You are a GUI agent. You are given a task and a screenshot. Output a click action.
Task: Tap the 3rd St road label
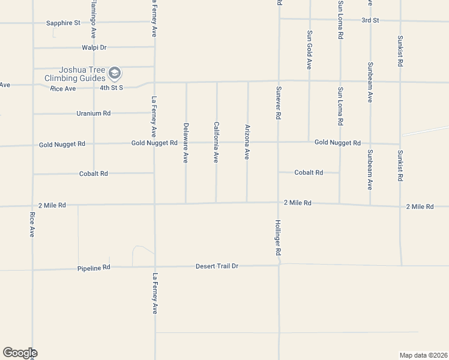click(x=370, y=20)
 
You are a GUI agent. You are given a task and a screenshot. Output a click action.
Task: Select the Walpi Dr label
click(x=94, y=47)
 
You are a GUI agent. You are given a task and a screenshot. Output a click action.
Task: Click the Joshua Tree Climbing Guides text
click(x=74, y=74)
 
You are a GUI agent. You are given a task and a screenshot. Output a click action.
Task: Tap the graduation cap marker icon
click(x=115, y=74)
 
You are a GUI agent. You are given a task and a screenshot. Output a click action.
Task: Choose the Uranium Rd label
click(x=94, y=113)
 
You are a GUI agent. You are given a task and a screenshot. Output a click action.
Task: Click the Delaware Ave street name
click(x=186, y=143)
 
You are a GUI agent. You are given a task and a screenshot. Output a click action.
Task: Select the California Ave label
click(x=216, y=143)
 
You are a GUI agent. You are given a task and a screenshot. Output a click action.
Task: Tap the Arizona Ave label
click(x=247, y=142)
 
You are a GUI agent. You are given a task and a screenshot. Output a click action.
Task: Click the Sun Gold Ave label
click(x=309, y=50)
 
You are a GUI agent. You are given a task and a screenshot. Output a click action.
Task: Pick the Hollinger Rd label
click(x=279, y=237)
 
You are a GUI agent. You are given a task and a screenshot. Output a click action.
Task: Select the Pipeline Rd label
click(x=94, y=268)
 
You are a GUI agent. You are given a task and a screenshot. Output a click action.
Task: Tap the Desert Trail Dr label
click(x=217, y=266)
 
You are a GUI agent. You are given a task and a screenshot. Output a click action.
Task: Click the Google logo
click(x=20, y=353)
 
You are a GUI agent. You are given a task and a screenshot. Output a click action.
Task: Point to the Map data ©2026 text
click(x=424, y=355)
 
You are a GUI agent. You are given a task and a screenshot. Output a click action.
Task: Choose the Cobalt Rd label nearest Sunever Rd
click(x=309, y=173)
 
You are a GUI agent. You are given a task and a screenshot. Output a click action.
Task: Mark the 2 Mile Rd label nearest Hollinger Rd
click(x=298, y=203)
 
